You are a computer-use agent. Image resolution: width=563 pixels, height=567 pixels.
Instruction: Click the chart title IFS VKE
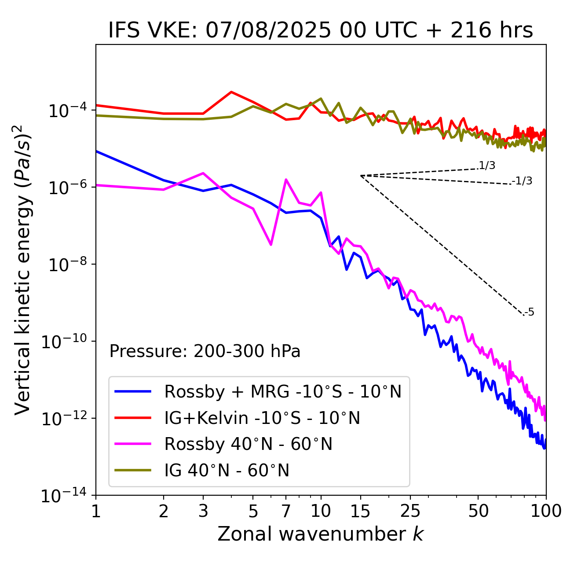321,30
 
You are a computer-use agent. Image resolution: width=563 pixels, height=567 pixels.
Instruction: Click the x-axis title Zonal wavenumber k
321,534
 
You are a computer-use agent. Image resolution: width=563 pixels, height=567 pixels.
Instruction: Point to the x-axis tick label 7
286,511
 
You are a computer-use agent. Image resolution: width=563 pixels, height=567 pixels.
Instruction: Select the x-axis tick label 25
410,511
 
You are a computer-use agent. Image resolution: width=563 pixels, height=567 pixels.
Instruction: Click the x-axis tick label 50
478,511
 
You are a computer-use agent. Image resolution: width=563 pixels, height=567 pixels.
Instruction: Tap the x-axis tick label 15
360,511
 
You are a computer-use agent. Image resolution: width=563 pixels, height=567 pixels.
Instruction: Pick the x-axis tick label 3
203,511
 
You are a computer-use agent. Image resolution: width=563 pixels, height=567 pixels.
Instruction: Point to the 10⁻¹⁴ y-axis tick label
63,496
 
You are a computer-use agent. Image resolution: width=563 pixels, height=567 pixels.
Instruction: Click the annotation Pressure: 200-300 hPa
205,351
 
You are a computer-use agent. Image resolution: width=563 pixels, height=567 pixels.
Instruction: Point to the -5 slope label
529,313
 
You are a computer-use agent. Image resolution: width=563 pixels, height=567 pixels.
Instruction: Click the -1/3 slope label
523,181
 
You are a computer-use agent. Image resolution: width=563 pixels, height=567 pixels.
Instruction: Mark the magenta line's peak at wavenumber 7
286,180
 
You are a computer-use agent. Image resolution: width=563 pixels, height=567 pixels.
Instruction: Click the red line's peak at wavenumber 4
231,92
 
